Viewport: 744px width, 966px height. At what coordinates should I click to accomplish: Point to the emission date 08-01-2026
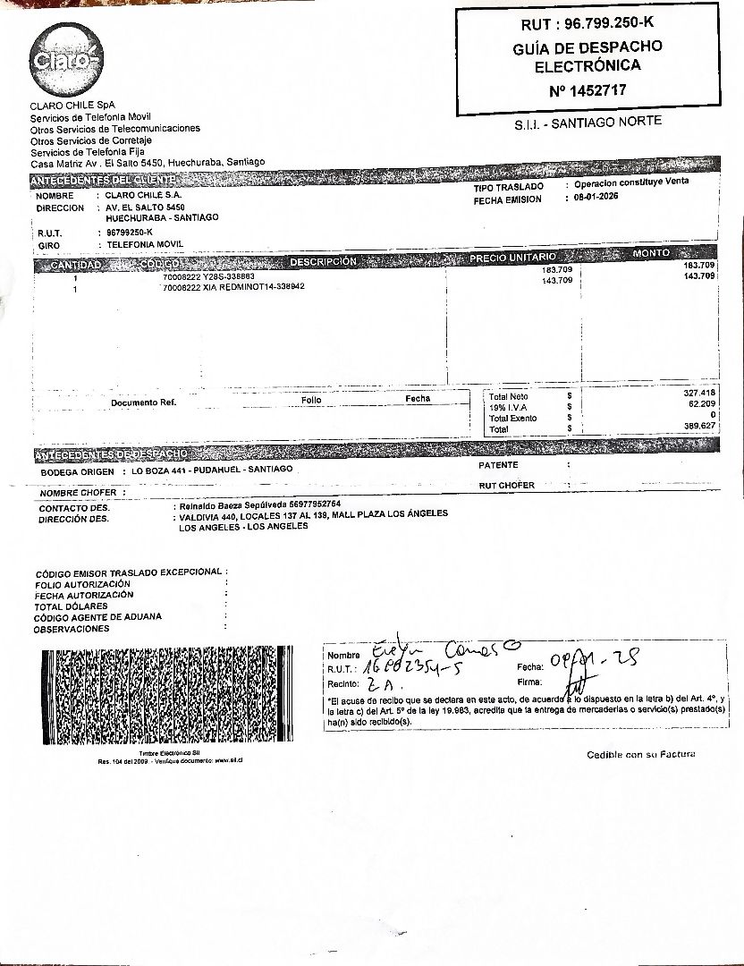[596, 198]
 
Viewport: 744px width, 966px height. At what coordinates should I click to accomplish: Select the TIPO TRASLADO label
[509, 187]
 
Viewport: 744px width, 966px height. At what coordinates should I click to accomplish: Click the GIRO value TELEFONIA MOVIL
[144, 244]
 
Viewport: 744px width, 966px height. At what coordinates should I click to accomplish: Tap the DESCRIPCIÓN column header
[322, 261]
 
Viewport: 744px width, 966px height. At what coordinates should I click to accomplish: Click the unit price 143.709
[557, 280]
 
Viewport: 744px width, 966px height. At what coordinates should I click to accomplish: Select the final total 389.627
[698, 427]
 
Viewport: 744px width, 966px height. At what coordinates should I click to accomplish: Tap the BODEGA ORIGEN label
[78, 471]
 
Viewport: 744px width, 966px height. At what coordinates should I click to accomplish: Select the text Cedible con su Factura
[640, 755]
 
